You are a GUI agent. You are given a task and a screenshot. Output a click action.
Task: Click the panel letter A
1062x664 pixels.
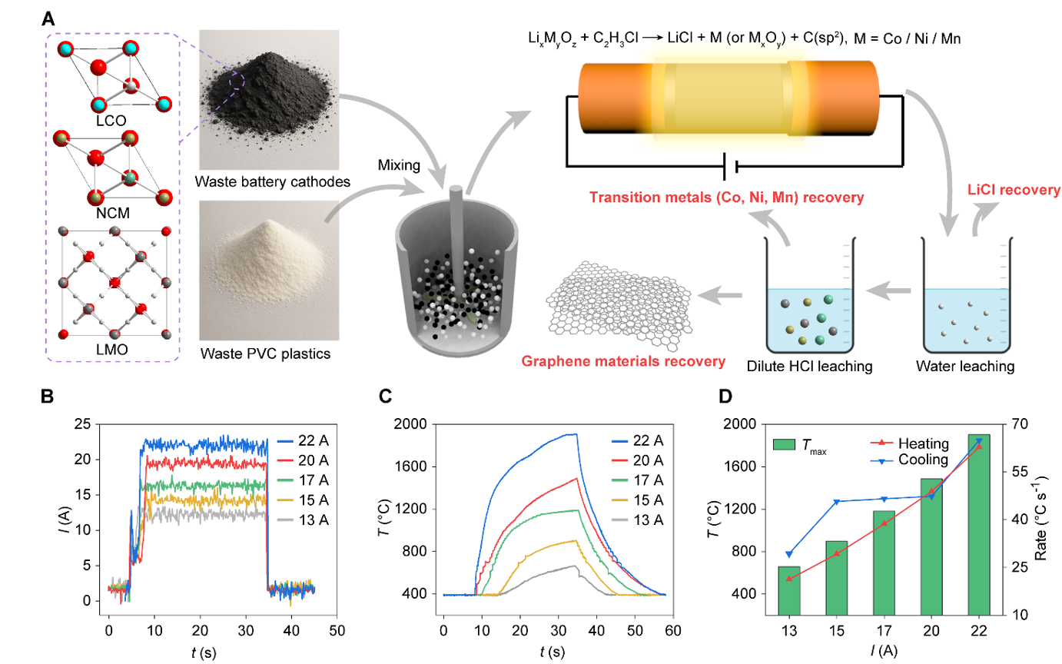point(48,18)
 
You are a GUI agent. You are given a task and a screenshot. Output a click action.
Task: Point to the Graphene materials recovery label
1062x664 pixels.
point(624,360)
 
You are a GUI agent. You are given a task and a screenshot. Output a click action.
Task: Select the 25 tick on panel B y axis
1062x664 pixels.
point(87,424)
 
